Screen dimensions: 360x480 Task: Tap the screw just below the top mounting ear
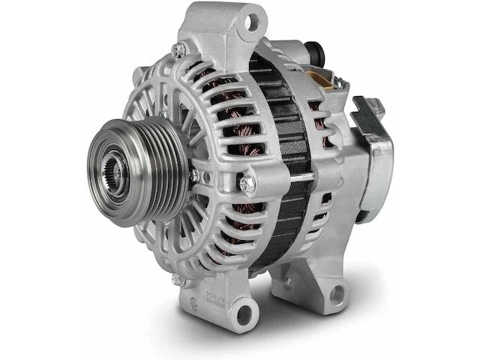click(179, 49)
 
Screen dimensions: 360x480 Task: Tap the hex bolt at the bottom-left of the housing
click(177, 278)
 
